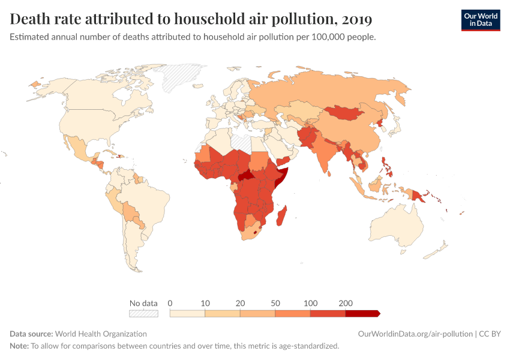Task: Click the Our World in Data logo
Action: coord(480,20)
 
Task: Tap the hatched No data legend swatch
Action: coord(143,313)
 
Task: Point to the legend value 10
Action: coord(205,303)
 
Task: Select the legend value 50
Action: coord(275,303)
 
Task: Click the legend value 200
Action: coord(346,303)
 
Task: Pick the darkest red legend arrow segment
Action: coord(362,313)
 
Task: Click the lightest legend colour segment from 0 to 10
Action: coord(188,313)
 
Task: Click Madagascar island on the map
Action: coord(283,215)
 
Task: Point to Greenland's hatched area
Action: coord(180,75)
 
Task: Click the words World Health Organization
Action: coord(101,334)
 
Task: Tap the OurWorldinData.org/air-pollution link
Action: coord(414,334)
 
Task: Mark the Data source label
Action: coord(31,334)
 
